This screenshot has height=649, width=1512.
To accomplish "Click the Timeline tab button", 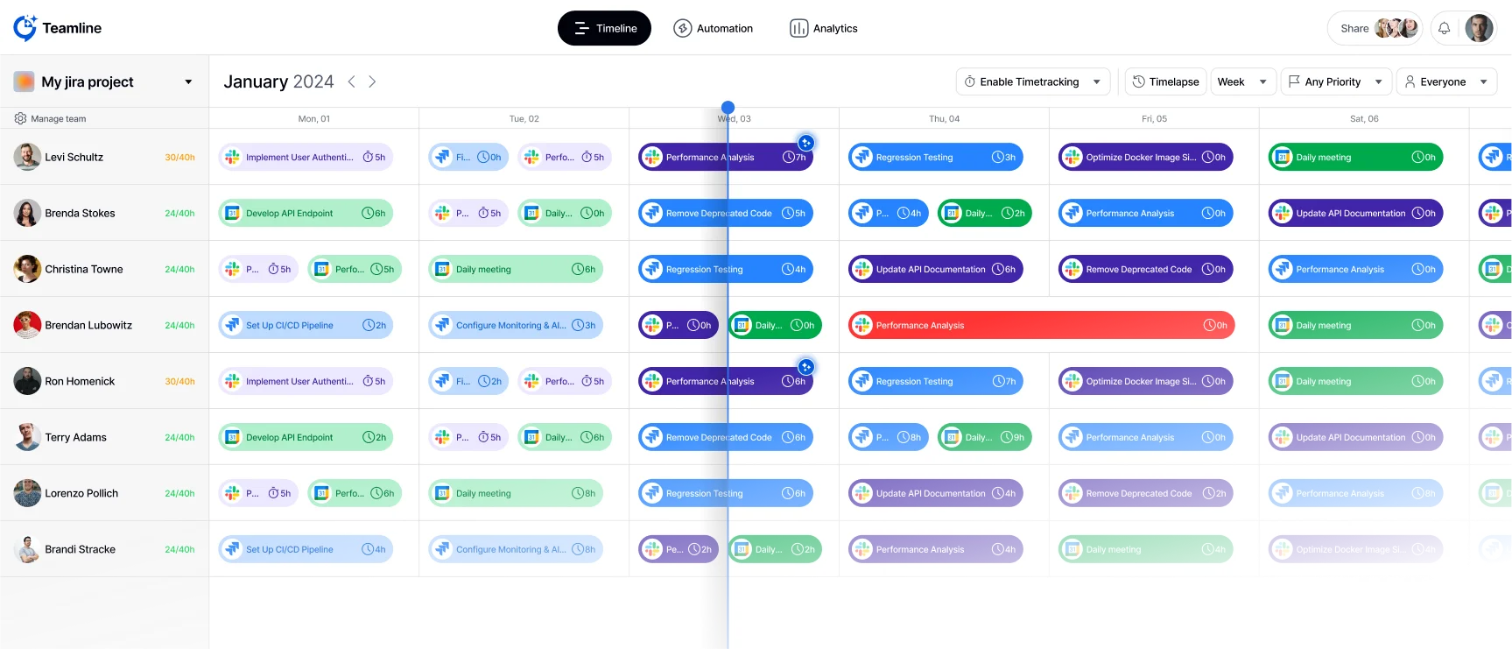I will pyautogui.click(x=604, y=28).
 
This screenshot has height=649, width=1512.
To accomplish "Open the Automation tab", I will pyautogui.click(x=713, y=28).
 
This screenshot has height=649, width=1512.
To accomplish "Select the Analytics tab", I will pyautogui.click(x=823, y=28).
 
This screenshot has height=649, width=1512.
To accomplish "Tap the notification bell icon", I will pyautogui.click(x=1444, y=28).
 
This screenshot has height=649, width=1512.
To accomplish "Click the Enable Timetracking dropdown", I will pyautogui.click(x=1032, y=81).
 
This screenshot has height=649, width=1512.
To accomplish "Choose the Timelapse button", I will pyautogui.click(x=1164, y=81).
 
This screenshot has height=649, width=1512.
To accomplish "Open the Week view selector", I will pyautogui.click(x=1241, y=81).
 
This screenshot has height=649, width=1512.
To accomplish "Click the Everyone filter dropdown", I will pyautogui.click(x=1445, y=81).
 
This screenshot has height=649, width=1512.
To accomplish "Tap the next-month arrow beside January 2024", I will pyautogui.click(x=372, y=81).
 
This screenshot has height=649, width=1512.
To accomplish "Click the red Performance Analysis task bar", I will pyautogui.click(x=1040, y=325).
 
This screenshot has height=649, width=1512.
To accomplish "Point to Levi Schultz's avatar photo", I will pyautogui.click(x=27, y=157).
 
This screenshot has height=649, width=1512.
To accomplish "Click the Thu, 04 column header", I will pyautogui.click(x=944, y=118).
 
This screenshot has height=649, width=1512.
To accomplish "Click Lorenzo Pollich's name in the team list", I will pyautogui.click(x=81, y=493).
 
